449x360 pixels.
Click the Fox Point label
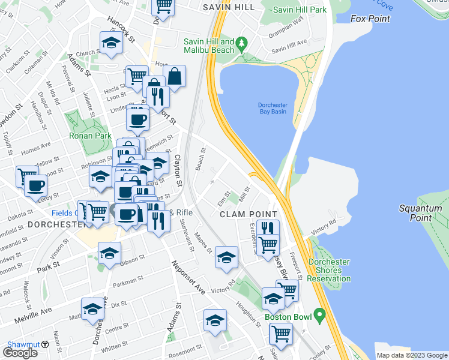click(370, 19)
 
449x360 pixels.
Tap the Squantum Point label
click(420, 214)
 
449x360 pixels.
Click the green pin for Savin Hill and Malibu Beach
click(241, 43)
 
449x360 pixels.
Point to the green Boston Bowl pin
click(319, 314)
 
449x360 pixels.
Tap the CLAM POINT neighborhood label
click(248, 214)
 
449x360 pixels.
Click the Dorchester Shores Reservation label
click(329, 270)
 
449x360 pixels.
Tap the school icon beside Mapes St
click(226, 257)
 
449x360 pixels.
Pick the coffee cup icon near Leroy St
click(35, 185)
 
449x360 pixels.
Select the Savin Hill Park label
click(299, 10)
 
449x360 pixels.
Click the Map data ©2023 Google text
click(412, 355)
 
